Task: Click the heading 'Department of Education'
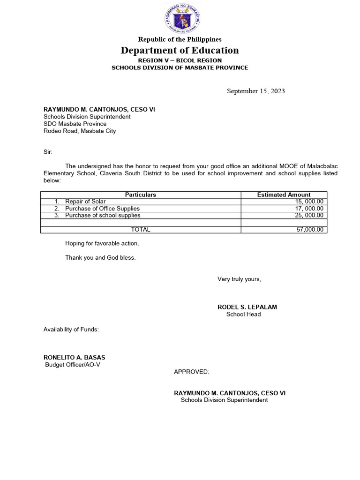click(180, 50)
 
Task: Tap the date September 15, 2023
click(255, 91)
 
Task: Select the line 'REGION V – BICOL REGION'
click(180, 60)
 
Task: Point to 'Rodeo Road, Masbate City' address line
click(80, 131)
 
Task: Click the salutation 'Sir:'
click(48, 152)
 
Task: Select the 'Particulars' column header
click(141, 195)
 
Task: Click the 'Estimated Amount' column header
click(284, 195)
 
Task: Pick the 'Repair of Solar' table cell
click(85, 202)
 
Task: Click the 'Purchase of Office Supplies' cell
click(102, 209)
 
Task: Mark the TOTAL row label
click(141, 230)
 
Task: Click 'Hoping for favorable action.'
click(102, 243)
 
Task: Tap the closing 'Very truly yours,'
click(239, 279)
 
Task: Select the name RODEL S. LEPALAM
click(247, 307)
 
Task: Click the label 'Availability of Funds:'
click(71, 330)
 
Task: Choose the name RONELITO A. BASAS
click(74, 357)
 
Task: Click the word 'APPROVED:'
click(192, 372)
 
